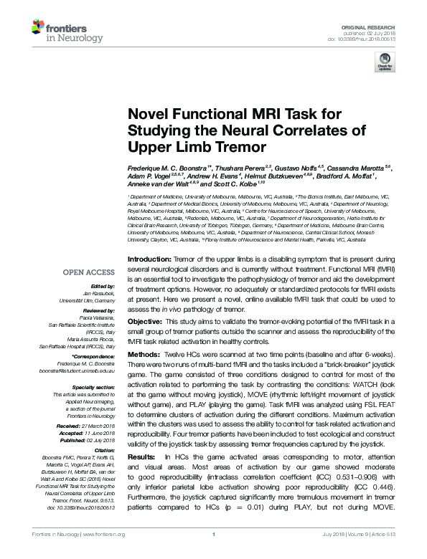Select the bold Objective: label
point(146,322)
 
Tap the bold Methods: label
point(144,354)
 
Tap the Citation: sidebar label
point(104,451)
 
